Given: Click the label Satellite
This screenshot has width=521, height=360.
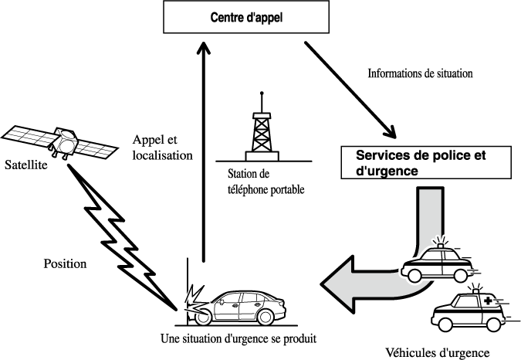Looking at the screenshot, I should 26,164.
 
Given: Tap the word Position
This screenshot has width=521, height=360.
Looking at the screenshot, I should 64,263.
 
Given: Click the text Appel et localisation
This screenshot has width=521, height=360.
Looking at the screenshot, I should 161,148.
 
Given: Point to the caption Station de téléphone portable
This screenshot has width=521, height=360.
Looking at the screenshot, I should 262,180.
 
